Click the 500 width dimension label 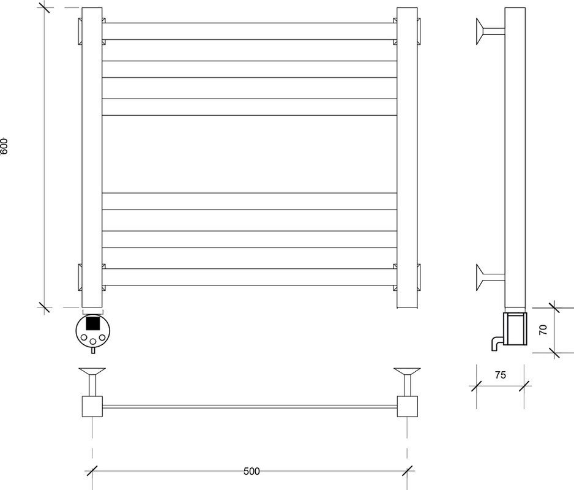pyautogui.click(x=252, y=471)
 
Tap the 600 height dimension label pyautogui.click(x=4, y=146)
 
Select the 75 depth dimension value pyautogui.click(x=500, y=375)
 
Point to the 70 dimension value pyautogui.click(x=543, y=330)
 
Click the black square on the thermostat pyautogui.click(x=93, y=323)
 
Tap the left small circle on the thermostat pyautogui.click(x=84, y=337)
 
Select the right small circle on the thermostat pyautogui.click(x=102, y=337)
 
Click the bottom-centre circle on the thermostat pyautogui.click(x=93, y=342)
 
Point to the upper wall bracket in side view pyautogui.click(x=490, y=31)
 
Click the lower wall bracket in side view pyautogui.click(x=490, y=277)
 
